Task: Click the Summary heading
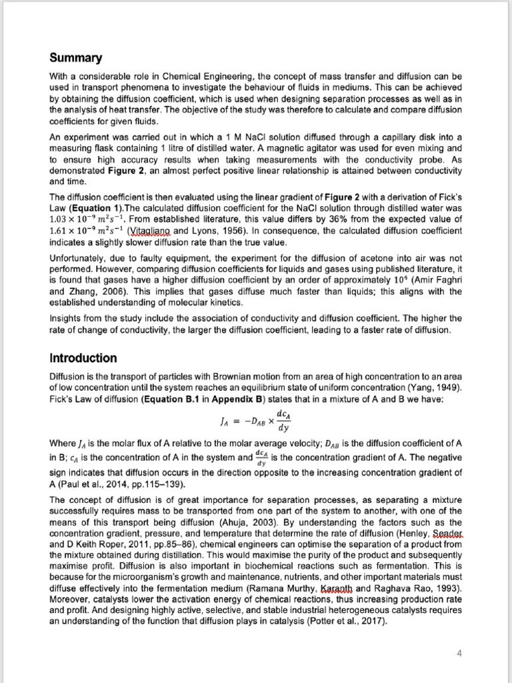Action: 77,58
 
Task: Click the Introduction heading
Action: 83,358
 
